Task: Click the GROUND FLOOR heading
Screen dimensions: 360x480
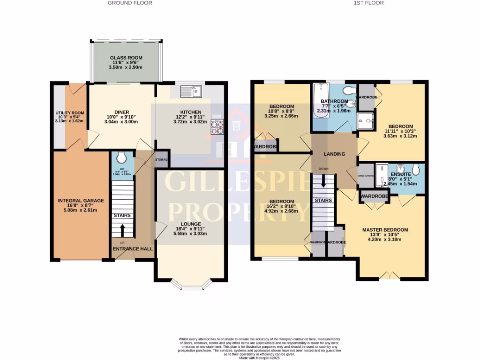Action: point(130,3)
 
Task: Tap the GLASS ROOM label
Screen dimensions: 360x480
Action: point(126,58)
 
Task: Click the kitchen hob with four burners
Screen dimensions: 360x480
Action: point(217,127)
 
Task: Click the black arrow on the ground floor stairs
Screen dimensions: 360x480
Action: point(123,230)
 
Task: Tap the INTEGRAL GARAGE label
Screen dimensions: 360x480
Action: point(81,201)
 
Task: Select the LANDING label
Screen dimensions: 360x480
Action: point(335,154)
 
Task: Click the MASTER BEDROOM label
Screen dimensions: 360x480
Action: point(385,230)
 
